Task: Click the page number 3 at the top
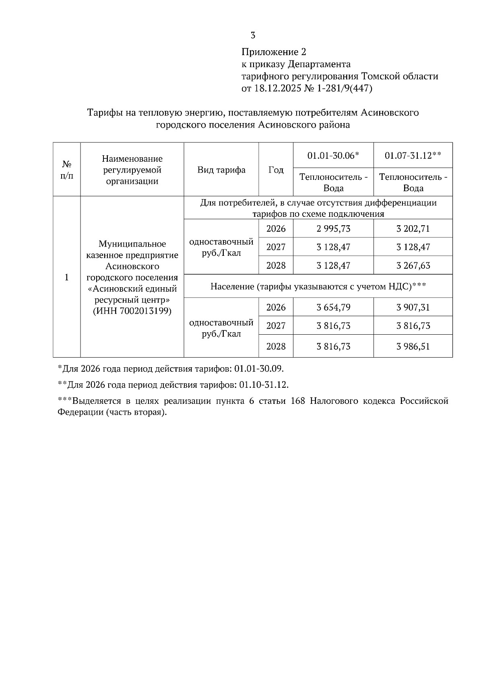tap(253, 35)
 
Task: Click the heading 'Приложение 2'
tap(274, 52)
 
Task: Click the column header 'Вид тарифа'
tap(221, 170)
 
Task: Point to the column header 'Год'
tap(276, 170)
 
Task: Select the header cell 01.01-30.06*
tap(333, 155)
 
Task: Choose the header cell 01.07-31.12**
tap(413, 155)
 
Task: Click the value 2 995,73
tap(333, 228)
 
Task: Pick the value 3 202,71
tap(413, 228)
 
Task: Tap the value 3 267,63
tap(413, 265)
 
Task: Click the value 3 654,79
tap(333, 307)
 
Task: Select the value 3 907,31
tap(413, 307)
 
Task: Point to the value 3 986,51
tap(413, 346)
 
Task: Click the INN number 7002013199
tap(145, 311)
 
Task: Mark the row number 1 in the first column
tap(67, 277)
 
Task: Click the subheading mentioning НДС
tap(318, 286)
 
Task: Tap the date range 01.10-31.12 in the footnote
tap(264, 385)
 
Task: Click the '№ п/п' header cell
tap(67, 170)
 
